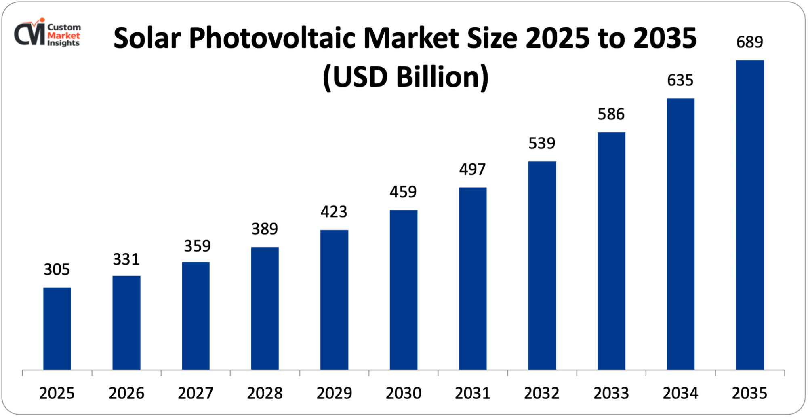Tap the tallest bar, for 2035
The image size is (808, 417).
tap(750, 215)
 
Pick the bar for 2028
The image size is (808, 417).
tap(265, 308)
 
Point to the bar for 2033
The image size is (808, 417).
tap(611, 251)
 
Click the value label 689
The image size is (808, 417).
tap(749, 42)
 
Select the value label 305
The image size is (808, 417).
tap(57, 269)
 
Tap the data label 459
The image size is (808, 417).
tap(403, 192)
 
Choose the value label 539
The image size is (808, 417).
tap(542, 143)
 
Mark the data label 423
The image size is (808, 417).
tap(334, 212)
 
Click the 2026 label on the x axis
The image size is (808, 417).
tap(126, 393)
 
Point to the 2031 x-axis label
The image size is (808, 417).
tap(472, 393)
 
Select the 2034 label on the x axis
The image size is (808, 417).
tap(680, 393)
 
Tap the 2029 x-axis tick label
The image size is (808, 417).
tap(334, 393)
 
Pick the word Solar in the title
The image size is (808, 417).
tap(147, 38)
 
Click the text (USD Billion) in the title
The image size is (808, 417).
tap(406, 77)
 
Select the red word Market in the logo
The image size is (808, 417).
tap(64, 36)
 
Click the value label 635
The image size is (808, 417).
tap(680, 80)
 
